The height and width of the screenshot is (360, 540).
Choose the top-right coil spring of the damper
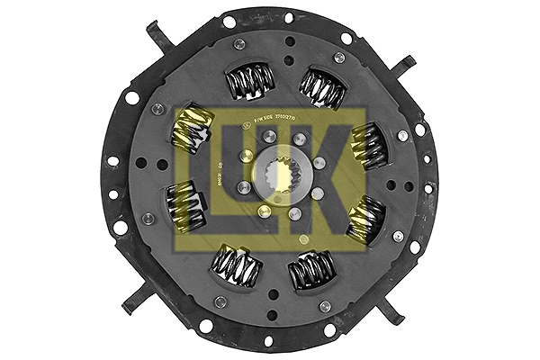(320, 87)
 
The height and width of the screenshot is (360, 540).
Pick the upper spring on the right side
(366, 143)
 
